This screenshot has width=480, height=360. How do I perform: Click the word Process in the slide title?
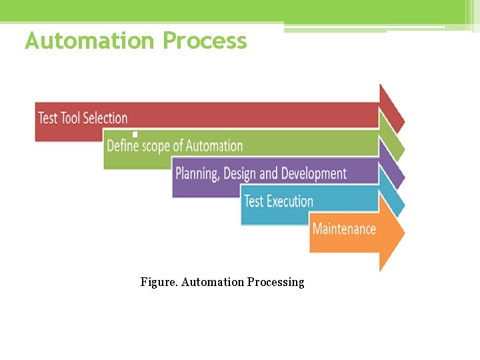[205, 41]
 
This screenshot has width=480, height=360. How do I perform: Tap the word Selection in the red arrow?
[105, 119]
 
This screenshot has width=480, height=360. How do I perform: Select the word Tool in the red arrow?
[70, 119]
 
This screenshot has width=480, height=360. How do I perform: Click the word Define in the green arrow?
[122, 146]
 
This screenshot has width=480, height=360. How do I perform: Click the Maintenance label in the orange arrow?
[344, 229]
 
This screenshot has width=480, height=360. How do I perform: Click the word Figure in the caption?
[158, 282]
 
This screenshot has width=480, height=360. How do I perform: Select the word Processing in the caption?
[275, 283]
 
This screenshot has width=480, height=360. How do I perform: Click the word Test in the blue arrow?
[255, 201]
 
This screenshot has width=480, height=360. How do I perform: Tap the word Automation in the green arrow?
[214, 146]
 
